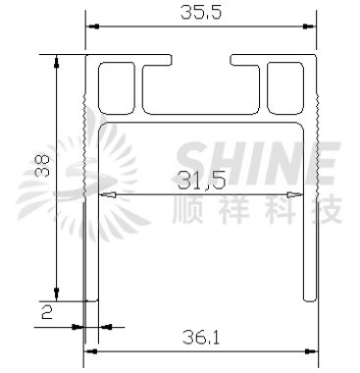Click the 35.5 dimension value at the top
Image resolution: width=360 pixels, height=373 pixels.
201,13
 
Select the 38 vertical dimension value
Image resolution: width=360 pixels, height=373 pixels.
42,166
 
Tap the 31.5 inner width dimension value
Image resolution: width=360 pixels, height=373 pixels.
201,181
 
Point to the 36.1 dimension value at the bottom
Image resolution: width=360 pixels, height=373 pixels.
201,337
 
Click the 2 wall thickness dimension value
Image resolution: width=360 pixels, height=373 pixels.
47,311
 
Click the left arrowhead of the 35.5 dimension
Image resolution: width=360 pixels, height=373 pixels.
92,27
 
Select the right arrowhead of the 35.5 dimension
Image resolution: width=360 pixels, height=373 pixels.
310,27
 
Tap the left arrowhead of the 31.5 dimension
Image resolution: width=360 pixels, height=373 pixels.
108,195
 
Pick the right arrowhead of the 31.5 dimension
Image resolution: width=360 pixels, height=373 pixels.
294,195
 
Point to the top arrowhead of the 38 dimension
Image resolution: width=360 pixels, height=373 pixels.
57,61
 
